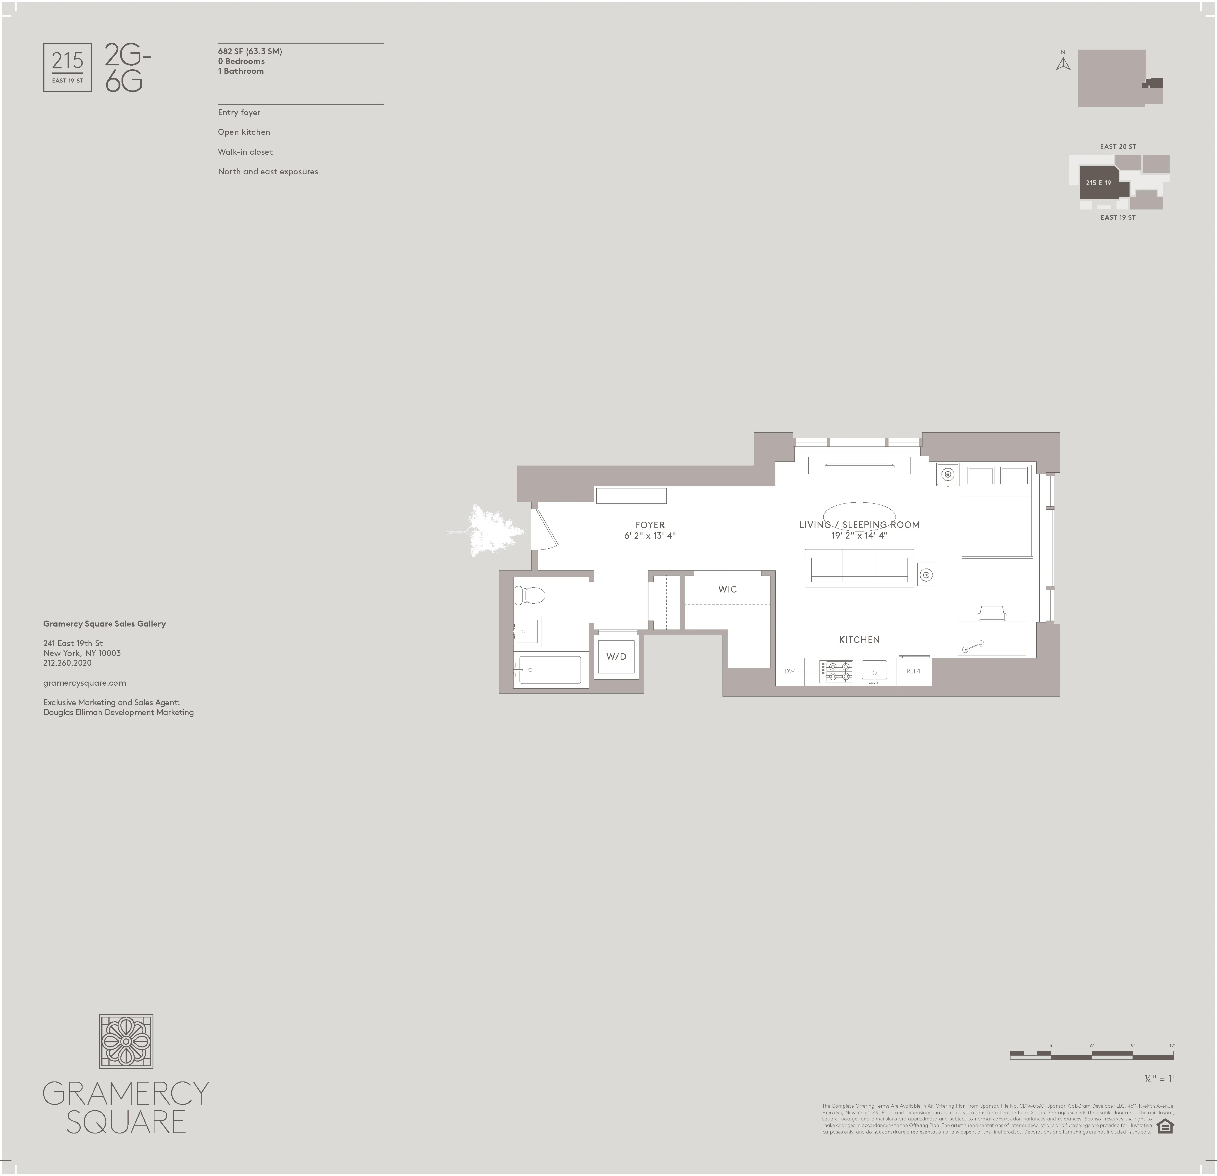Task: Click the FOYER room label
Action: (650, 525)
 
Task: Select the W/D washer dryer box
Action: (616, 656)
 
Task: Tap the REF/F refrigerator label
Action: (914, 671)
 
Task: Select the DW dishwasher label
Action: (789, 671)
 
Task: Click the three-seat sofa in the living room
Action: (859, 567)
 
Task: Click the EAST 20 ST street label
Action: (1118, 147)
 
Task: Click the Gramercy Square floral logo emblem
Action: (126, 1041)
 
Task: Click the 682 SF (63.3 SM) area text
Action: (250, 51)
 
